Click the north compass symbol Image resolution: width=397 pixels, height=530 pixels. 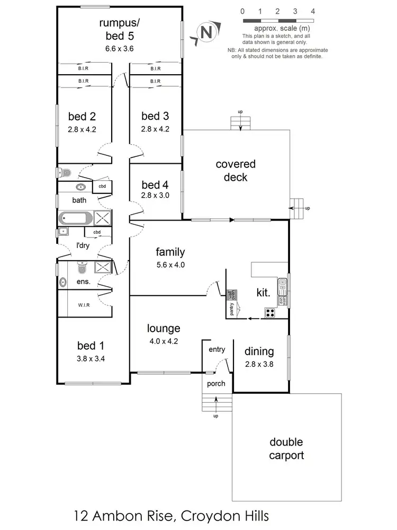tap(206, 32)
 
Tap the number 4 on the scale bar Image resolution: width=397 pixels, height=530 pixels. tap(313, 11)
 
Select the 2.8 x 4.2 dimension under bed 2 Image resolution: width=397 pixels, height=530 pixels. tap(82, 129)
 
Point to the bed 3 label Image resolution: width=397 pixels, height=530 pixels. tap(155, 116)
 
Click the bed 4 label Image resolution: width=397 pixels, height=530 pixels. tap(155, 184)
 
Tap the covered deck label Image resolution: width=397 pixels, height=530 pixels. tap(236, 171)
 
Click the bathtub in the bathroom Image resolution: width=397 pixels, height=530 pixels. tap(76, 218)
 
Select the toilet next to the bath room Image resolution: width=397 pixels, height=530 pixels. tap(64, 172)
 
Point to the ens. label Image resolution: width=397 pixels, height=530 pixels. tap(83, 282)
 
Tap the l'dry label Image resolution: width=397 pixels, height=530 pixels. tap(83, 245)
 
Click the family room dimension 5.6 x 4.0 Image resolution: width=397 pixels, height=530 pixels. tap(170, 265)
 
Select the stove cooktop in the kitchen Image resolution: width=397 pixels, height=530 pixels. tap(270, 313)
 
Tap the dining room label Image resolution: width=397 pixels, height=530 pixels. tap(259, 351)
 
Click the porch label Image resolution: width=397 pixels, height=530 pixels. tap(216, 384)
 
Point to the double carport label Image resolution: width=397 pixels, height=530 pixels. tap(286, 448)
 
